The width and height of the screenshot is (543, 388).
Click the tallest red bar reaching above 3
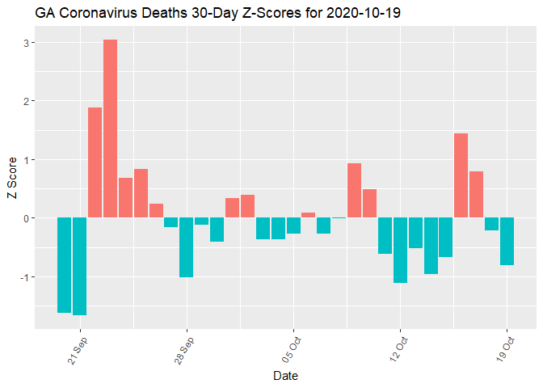(110, 129)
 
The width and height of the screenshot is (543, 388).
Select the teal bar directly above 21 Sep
(79, 266)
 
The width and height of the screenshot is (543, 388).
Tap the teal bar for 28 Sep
(186, 247)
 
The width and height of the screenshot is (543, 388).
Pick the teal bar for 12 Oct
(400, 250)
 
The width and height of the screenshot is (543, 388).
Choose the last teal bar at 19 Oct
(507, 241)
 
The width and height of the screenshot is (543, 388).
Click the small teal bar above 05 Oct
(293, 226)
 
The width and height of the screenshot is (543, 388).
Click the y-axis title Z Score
(11, 182)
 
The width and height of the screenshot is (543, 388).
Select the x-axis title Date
(285, 376)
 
